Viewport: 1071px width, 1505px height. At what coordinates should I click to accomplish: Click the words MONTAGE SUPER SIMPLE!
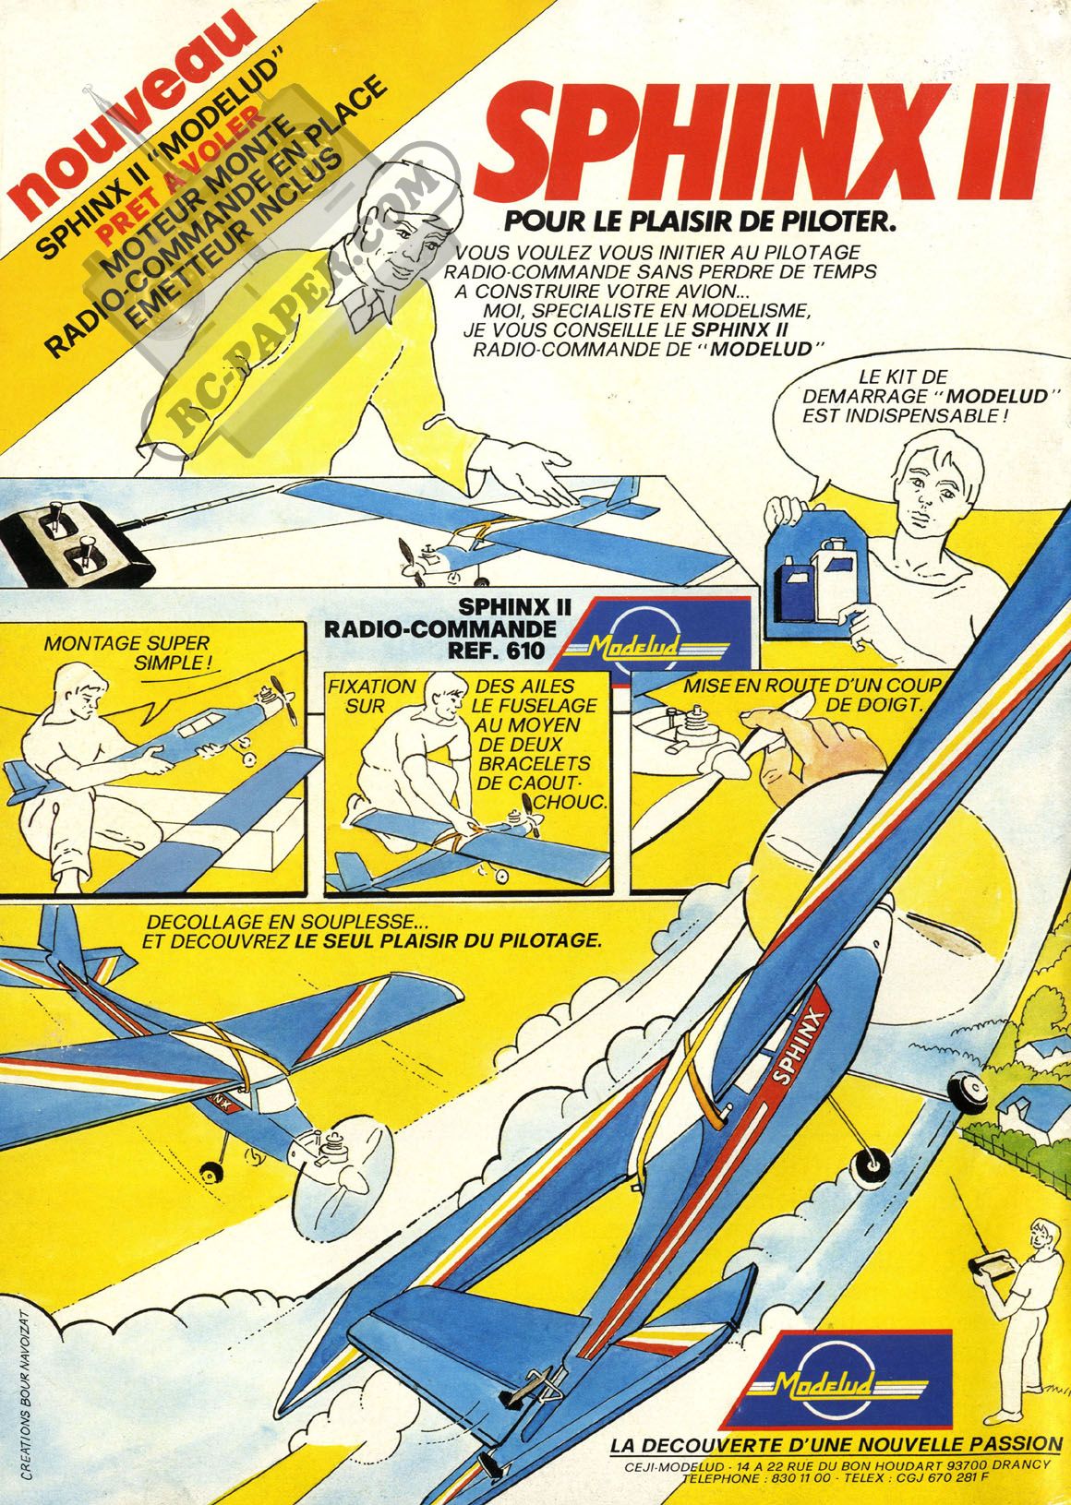[127, 652]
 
